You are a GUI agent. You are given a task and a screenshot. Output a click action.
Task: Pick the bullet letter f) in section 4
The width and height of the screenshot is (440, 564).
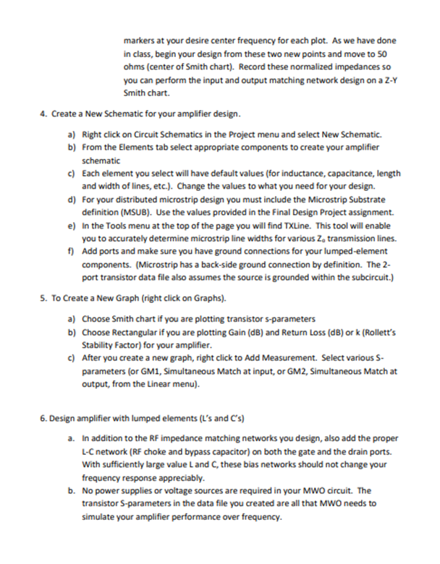point(71,250)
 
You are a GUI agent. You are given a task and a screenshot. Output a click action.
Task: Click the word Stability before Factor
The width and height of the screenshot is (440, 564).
point(98,345)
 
